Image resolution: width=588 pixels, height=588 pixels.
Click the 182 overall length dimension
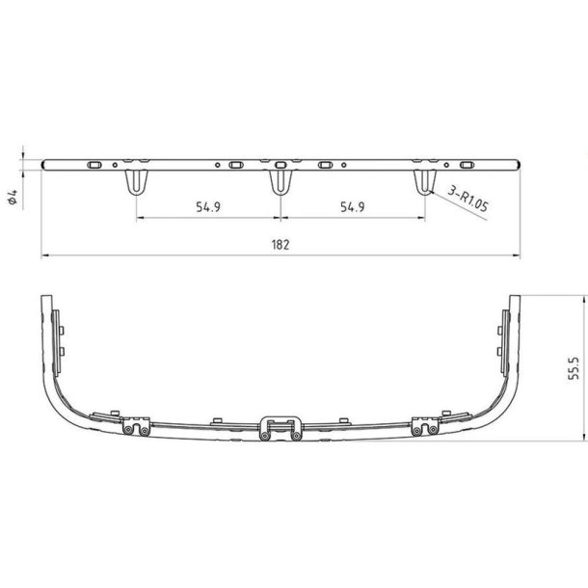tap(281, 245)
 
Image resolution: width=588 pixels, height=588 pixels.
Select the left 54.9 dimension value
tap(208, 206)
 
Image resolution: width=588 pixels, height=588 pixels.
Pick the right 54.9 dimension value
tap(353, 206)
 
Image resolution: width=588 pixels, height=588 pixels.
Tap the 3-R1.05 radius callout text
tap(468, 200)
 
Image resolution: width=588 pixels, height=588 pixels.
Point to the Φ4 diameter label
tap(13, 197)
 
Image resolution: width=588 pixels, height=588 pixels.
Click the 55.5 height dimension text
tap(574, 368)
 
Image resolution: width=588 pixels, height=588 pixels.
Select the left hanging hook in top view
tap(137, 182)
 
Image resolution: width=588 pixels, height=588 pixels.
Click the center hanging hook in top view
tap(281, 182)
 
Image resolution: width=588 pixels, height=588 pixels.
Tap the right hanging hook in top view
tap(425, 182)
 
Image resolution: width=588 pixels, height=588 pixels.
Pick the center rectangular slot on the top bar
tap(281, 165)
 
